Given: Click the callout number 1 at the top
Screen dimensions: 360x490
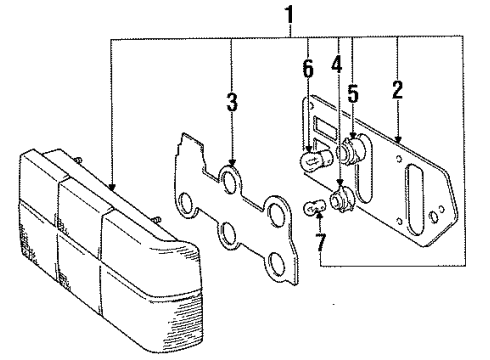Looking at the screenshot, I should coord(291,15).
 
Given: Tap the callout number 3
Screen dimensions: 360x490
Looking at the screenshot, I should coord(231,103).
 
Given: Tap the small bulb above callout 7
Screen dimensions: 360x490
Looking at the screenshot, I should coord(312,209).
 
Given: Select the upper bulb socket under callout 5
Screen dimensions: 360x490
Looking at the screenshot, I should coord(351,155).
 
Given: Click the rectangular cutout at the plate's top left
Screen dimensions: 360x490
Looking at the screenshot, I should coord(322,127).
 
